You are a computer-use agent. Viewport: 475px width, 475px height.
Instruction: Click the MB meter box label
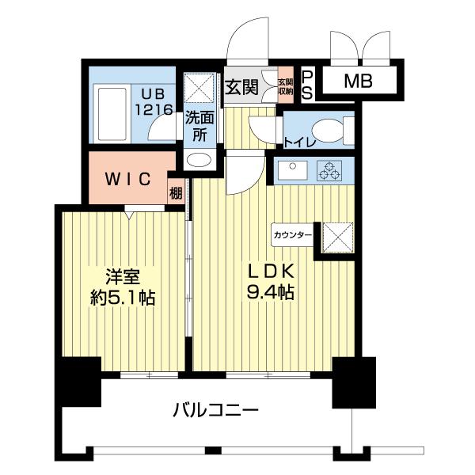(x=358, y=81)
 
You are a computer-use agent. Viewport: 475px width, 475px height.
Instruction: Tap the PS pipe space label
(x=307, y=85)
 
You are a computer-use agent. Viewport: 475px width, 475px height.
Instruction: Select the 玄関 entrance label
(x=241, y=87)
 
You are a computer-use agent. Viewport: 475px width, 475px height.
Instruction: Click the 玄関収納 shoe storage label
(x=286, y=86)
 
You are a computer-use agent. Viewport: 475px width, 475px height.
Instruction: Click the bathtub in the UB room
(x=112, y=113)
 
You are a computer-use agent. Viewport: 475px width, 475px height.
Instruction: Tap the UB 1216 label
(x=154, y=102)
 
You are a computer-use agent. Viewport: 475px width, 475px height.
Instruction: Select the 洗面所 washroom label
(x=199, y=126)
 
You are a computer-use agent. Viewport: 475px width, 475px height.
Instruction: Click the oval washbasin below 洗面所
(x=199, y=160)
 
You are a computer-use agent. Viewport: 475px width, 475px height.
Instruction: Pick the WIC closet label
(x=127, y=179)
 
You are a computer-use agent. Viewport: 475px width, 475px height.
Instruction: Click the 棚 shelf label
(x=176, y=193)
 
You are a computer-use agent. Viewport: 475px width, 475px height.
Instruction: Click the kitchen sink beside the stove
(x=293, y=170)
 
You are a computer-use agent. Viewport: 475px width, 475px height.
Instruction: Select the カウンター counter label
(x=292, y=235)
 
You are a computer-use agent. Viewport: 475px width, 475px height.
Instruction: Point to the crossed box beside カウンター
(x=338, y=237)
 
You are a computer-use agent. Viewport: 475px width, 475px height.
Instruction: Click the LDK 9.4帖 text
(x=271, y=282)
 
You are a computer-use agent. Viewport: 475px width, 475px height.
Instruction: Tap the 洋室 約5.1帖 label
(x=123, y=287)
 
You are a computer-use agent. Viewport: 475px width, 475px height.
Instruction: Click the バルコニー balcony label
(x=216, y=410)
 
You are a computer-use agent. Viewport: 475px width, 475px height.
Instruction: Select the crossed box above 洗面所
(x=199, y=88)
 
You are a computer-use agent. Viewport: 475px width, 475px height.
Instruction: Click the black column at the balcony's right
(x=354, y=382)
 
